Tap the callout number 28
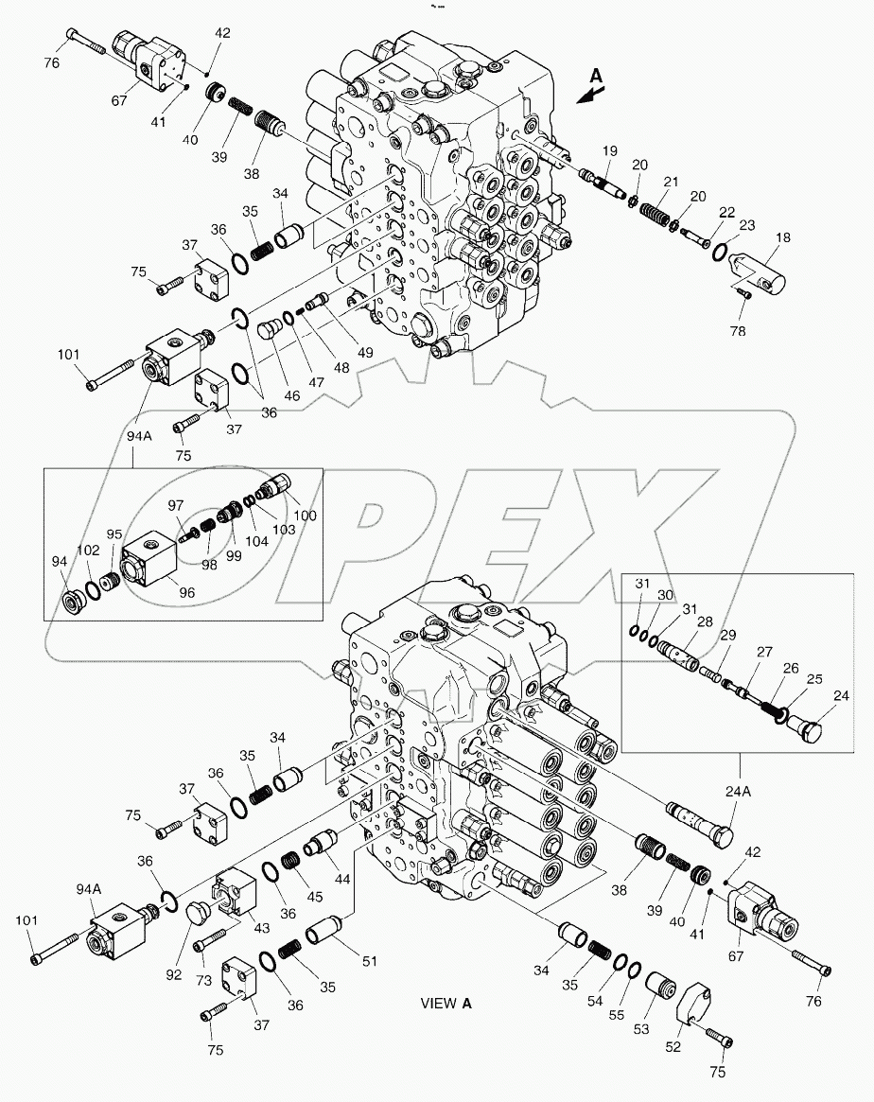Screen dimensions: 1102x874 [705, 621]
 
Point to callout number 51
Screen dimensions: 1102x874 [369, 961]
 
